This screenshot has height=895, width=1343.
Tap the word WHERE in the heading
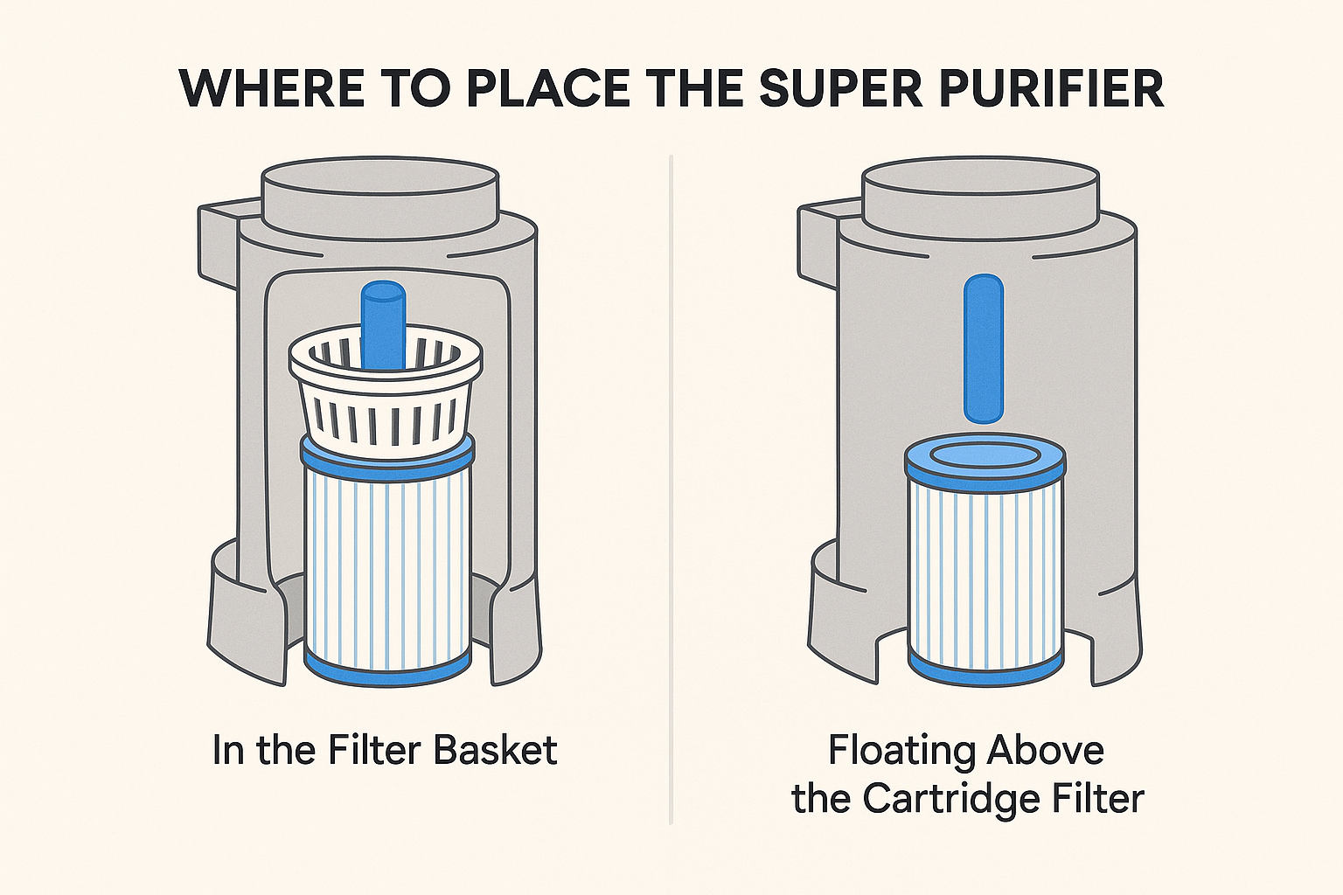pyautogui.click(x=271, y=89)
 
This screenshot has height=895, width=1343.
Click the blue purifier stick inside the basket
pyautogui.click(x=384, y=327)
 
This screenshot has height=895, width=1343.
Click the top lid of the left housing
pyautogui.click(x=380, y=196)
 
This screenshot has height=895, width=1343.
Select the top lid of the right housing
pyautogui.click(x=981, y=196)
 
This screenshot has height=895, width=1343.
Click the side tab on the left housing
pyautogui.click(x=219, y=246)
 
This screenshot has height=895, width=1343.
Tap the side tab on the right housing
pyautogui.click(x=818, y=246)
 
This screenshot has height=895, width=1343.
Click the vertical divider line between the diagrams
pyautogui.click(x=671, y=489)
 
